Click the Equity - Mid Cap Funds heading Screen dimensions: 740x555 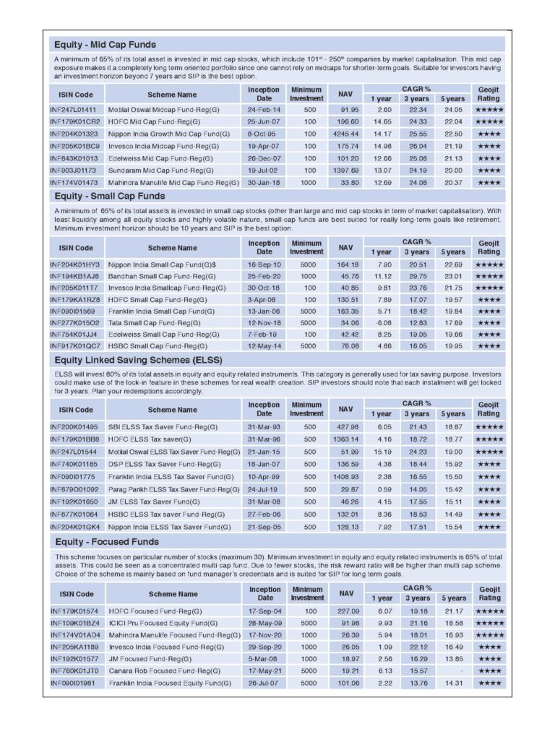click(x=106, y=45)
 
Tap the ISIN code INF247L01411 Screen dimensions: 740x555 click(x=75, y=109)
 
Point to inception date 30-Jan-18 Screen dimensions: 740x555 click(x=263, y=183)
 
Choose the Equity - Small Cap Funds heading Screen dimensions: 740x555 click(x=109, y=196)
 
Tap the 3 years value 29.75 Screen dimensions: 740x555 click(x=416, y=276)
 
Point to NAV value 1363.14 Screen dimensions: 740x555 click(x=345, y=439)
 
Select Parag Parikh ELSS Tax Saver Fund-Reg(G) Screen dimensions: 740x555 click(x=173, y=489)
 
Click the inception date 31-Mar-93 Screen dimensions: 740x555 click(x=263, y=427)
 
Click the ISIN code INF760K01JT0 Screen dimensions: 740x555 click(x=74, y=671)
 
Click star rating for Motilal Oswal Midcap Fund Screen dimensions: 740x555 click(x=489, y=109)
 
